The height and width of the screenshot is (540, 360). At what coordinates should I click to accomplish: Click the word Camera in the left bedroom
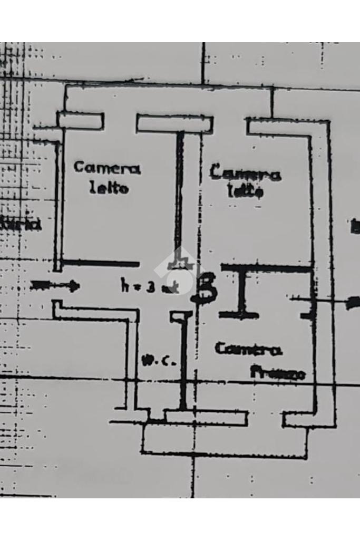pyautogui.click(x=107, y=169)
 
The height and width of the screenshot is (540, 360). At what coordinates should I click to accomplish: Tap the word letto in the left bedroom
pyautogui.click(x=109, y=188)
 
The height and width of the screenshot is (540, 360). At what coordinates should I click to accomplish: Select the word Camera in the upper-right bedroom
pyautogui.click(x=245, y=173)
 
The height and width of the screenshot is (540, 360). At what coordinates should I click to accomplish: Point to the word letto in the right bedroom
pyautogui.click(x=245, y=191)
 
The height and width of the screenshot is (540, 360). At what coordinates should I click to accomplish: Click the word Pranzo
pyautogui.click(x=277, y=373)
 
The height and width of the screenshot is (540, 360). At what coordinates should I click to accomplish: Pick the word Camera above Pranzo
pyautogui.click(x=248, y=349)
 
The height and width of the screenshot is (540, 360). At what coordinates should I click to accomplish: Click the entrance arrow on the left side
pyautogui.click(x=55, y=286)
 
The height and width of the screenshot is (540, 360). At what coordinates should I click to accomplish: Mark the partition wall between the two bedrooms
pyautogui.click(x=180, y=195)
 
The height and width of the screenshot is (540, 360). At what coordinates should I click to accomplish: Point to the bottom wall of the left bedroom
pyautogui.click(x=100, y=263)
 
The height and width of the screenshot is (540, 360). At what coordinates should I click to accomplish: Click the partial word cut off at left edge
pyautogui.click(x=21, y=224)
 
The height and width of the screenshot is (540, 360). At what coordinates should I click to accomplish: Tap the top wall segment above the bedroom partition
pyautogui.click(x=174, y=124)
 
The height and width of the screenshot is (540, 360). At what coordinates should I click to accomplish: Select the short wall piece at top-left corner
pyautogui.click(x=80, y=121)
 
